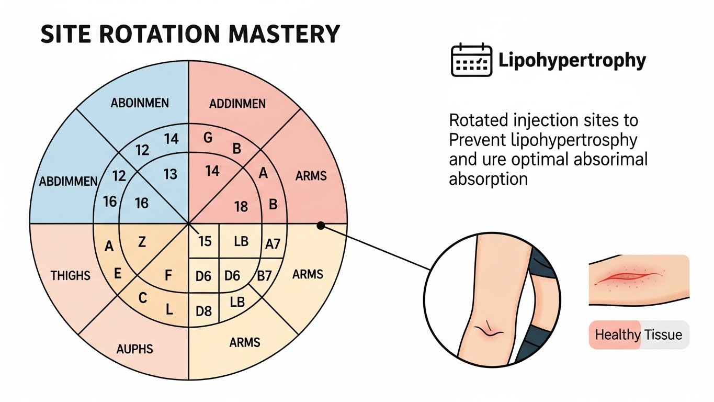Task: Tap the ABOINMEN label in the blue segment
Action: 140,103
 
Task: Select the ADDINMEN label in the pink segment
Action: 237,104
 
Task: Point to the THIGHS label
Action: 71,275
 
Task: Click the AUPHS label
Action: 135,348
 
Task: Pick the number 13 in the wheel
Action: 171,174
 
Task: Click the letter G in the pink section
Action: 208,139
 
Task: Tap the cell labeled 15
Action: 205,241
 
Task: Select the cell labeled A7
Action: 273,244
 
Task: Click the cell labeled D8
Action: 203,311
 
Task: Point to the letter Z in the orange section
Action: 142,242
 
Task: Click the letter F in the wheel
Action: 168,275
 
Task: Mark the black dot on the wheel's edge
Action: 321,225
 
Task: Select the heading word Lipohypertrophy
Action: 572,61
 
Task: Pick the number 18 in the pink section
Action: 241,206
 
